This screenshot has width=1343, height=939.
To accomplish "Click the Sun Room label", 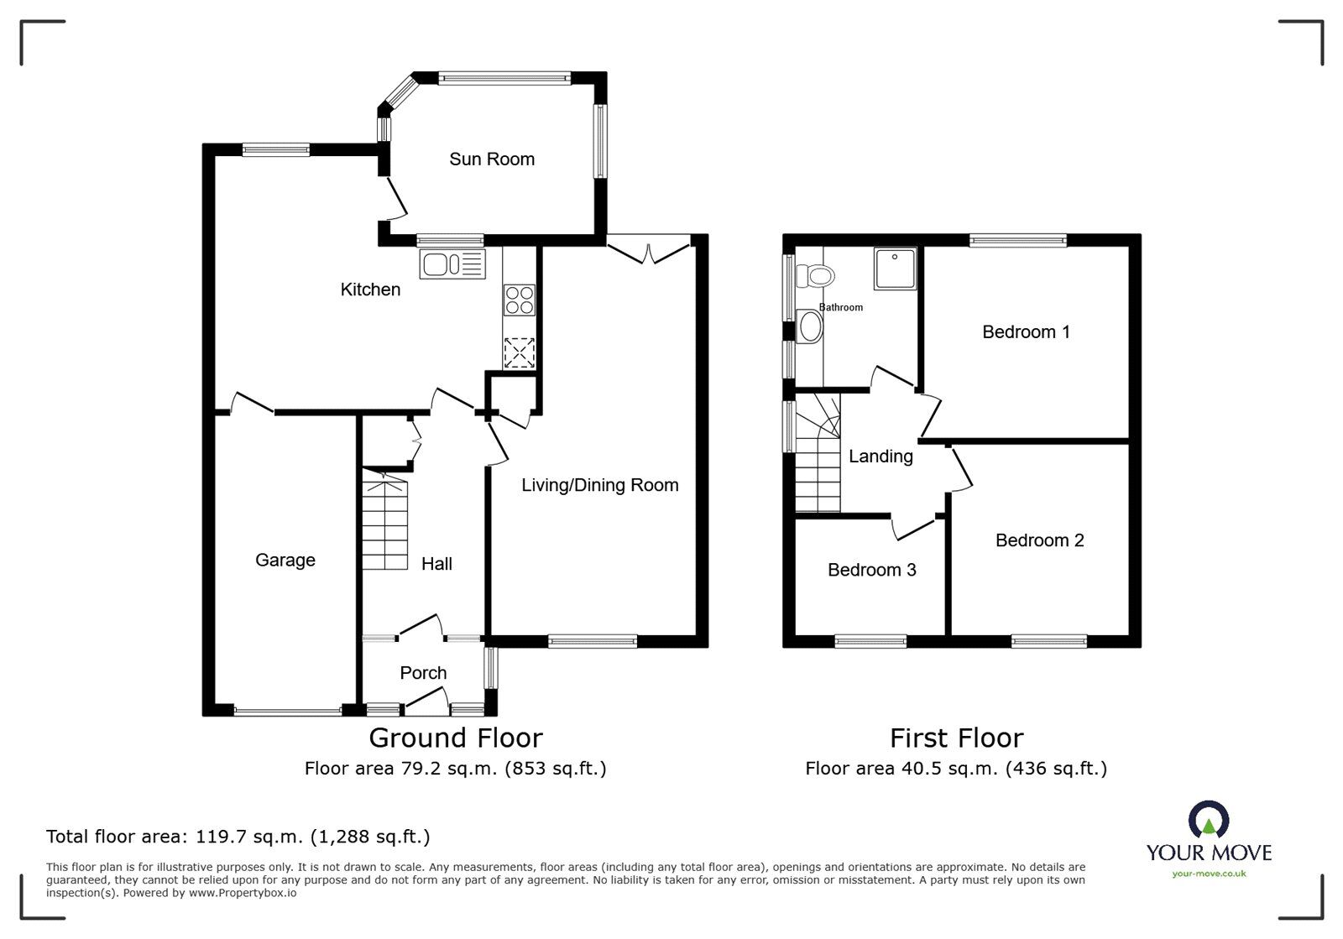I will coord(492,159).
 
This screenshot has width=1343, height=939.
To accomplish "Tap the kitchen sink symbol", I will coord(452,264).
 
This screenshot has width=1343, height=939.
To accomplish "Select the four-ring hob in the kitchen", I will coord(519,300).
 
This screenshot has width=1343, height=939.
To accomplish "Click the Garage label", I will coord(285,560).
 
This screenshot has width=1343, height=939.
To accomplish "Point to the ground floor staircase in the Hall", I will coord(385,524).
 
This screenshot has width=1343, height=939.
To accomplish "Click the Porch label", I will coord(423,673).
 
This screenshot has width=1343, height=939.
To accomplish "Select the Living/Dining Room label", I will coord(599,485).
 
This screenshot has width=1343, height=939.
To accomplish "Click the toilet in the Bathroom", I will coord(814,275).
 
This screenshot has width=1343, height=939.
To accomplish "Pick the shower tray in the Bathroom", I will coord(895,269).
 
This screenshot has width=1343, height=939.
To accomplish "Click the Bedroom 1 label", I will coord(1026,332).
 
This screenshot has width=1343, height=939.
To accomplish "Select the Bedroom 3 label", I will coord(871,571).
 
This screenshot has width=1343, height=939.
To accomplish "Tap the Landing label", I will coord(881,456).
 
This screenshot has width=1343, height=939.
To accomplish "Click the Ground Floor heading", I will coord(456,738).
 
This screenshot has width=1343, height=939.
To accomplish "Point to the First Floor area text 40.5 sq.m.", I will coord(956,768).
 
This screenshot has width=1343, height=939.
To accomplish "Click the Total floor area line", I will coord(238,837).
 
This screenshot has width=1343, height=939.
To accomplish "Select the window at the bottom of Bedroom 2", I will coord(1049,642).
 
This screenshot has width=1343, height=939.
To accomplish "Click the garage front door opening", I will coord(288,712).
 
